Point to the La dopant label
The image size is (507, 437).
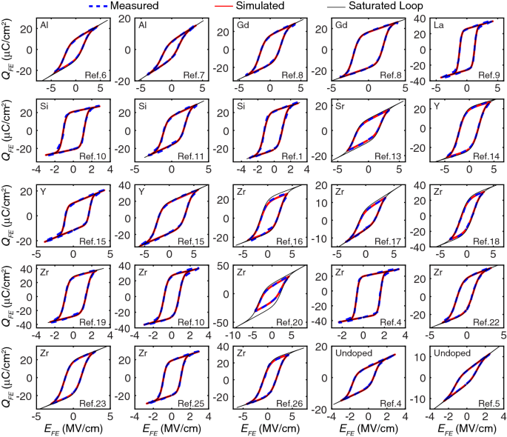(439, 24)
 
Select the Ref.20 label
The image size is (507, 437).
(289, 322)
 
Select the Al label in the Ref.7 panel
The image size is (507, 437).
(143, 24)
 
